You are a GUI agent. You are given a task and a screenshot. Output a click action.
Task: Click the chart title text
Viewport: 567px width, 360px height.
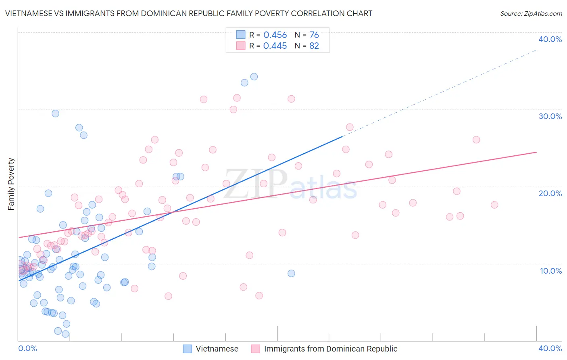[189, 13]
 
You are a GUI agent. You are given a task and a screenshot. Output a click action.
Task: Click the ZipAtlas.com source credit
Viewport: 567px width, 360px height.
[531, 13]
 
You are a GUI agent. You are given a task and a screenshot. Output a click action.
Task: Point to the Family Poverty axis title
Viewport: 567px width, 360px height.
[11, 184]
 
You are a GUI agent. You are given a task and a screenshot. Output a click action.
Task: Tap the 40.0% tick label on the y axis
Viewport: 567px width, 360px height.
[550, 39]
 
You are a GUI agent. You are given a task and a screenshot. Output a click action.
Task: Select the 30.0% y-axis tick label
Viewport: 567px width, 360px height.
[550, 116]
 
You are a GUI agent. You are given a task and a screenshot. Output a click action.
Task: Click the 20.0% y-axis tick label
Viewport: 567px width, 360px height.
[550, 193]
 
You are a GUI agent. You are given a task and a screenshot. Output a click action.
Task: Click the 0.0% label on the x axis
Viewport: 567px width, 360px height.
[28, 348]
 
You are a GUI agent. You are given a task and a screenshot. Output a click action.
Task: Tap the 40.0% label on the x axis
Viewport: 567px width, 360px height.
[550, 348]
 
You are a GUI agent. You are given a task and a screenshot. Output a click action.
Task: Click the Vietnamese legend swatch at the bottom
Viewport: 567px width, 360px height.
[188, 349]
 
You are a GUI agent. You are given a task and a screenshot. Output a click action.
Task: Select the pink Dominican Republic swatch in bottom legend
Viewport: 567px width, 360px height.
[255, 349]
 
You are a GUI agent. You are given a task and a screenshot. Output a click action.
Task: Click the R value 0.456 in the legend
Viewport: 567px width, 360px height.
[275, 35]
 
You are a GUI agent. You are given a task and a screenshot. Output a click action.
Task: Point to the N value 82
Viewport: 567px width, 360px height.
[314, 46]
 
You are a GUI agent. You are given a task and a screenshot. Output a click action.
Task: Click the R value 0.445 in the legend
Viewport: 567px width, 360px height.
[275, 46]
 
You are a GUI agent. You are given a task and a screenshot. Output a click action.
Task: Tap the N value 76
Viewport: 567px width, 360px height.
[314, 35]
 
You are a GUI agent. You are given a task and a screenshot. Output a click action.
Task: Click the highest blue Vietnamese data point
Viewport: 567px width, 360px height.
[254, 77]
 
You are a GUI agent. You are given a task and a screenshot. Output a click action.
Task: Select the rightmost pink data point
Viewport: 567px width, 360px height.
[494, 205]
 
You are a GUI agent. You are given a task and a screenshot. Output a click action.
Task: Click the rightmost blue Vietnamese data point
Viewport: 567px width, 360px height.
[291, 273]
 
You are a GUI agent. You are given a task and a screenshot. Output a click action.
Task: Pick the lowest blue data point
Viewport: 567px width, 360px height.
[65, 334]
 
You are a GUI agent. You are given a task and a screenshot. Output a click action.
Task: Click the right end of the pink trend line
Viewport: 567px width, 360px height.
[536, 152]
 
